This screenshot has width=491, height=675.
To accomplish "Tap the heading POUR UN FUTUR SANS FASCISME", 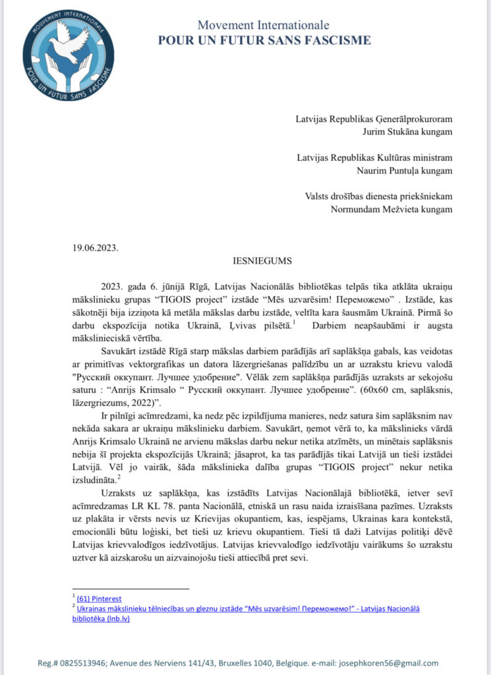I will [x=264, y=41].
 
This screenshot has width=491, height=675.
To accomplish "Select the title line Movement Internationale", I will [x=264, y=26].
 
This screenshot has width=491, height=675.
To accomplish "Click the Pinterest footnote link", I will [x=99, y=599].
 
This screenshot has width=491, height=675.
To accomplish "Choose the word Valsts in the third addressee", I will [x=312, y=198].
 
